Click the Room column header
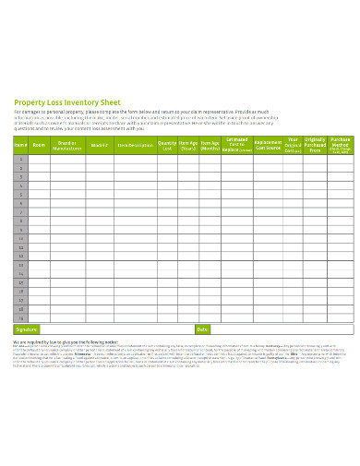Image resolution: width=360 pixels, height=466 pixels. (x=39, y=145)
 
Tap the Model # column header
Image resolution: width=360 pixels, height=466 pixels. (x=101, y=145)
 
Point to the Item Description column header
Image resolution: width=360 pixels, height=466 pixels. (x=136, y=145)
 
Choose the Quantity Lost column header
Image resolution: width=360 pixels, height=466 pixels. (x=167, y=145)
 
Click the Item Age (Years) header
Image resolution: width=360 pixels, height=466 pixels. (x=188, y=145)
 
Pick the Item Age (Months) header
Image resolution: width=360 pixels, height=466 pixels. (x=210, y=145)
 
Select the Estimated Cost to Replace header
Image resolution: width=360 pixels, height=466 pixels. (x=238, y=145)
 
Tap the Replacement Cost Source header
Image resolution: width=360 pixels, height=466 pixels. (x=268, y=145)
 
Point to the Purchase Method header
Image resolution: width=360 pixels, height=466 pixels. (x=342, y=145)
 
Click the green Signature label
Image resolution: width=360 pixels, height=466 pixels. (x=26, y=329)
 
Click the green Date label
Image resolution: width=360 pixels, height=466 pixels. (x=202, y=329)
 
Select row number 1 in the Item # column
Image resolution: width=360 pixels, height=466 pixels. (x=20, y=159)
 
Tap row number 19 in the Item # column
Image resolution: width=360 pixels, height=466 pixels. (x=20, y=315)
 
